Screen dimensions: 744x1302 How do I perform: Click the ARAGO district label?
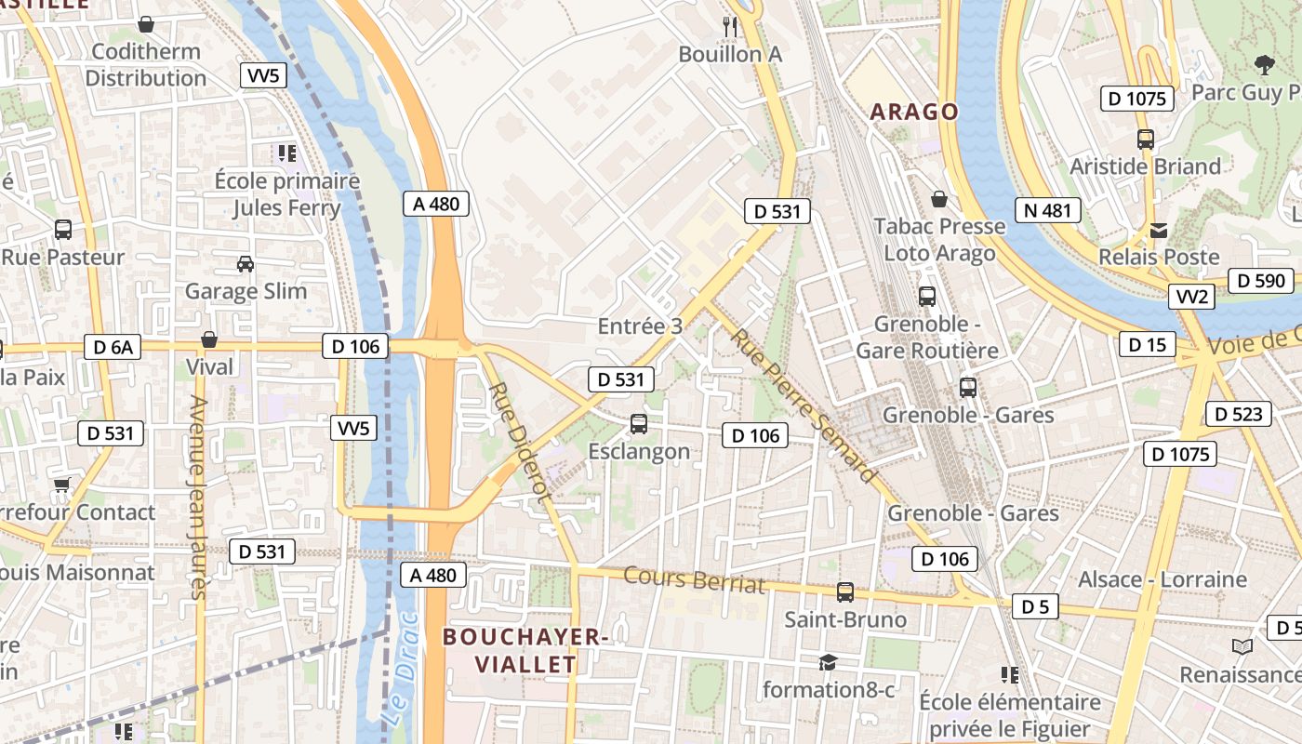[913, 113]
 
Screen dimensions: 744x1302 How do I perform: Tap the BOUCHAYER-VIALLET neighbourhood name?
[525, 651]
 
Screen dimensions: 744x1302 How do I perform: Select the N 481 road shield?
[1048, 210]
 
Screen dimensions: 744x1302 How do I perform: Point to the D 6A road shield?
[112, 348]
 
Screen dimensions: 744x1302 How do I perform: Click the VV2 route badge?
[1192, 297]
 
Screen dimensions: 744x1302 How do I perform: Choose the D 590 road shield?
[1260, 281]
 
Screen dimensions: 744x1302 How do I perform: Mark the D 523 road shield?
[1239, 414]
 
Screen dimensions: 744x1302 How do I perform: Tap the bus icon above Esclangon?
[639, 424]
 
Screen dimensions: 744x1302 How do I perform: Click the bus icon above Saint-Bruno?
[845, 592]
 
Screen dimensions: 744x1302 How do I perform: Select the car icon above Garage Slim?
[246, 264]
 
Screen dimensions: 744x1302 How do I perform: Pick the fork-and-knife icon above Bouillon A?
[730, 27]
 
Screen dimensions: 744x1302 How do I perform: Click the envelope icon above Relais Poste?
[1159, 230]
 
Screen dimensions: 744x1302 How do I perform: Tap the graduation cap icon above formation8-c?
[827, 662]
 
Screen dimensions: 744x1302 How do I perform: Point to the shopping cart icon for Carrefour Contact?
[62, 485]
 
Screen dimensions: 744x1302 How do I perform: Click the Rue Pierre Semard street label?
[804, 405]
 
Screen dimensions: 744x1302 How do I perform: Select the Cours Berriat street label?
[694, 579]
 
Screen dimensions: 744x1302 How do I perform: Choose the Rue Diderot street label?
[515, 442]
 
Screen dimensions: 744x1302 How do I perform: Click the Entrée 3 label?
[640, 326]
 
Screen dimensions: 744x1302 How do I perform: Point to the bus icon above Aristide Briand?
[1146, 139]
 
